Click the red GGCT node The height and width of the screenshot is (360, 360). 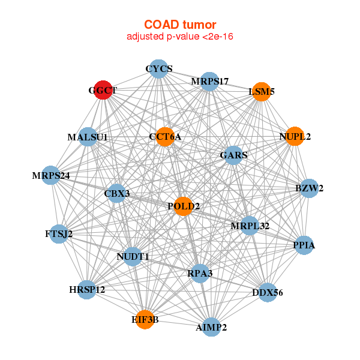(x=103, y=90)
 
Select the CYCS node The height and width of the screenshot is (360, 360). (x=158, y=69)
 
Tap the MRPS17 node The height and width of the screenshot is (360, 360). (x=209, y=81)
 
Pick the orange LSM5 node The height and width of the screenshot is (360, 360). (x=261, y=92)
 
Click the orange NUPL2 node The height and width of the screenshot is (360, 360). (x=294, y=136)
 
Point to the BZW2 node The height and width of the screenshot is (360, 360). (x=309, y=188)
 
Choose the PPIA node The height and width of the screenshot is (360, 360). (x=304, y=245)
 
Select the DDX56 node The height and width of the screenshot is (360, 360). (x=268, y=292)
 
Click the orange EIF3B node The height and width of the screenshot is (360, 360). (x=145, y=319)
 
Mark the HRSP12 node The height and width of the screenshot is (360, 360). (x=87, y=290)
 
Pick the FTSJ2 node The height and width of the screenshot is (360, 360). (x=59, y=233)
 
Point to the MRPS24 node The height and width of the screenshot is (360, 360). (x=52, y=176)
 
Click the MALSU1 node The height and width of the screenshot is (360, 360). (x=88, y=137)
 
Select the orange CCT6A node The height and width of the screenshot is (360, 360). (x=164, y=137)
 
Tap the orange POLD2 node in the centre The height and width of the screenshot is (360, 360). (x=183, y=206)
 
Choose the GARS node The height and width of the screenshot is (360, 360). (x=233, y=155)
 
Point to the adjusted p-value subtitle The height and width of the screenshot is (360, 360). (x=179, y=37)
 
